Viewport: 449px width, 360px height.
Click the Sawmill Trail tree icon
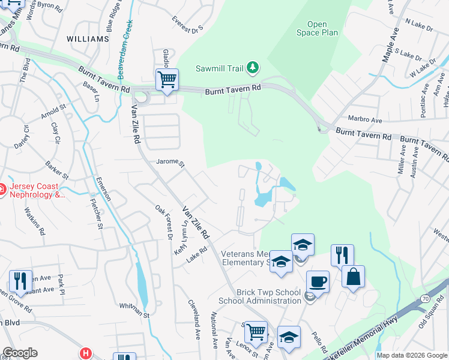pos(253,68)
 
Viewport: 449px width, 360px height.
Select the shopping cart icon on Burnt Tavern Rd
pos(167,79)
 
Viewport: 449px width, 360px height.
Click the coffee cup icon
pos(318,281)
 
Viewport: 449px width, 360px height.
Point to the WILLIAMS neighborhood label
pos(88,39)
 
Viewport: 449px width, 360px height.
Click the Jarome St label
pos(169,162)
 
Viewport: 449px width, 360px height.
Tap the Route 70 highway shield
pos(424,298)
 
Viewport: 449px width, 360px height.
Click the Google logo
pos(20,353)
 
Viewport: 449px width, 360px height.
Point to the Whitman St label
pos(133,306)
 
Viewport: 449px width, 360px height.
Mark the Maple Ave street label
pos(391,45)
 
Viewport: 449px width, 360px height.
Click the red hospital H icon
pos(86,354)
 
